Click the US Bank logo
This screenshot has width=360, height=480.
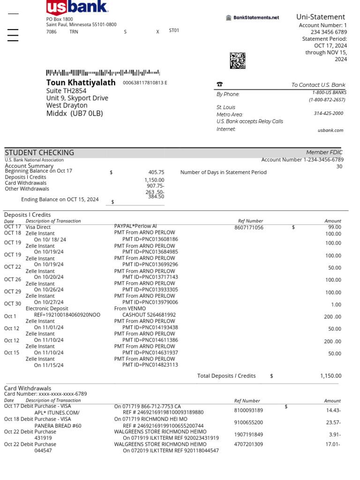tap(77, 7)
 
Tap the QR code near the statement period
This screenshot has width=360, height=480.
tap(238, 60)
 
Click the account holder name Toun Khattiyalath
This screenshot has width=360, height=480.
tap(81, 82)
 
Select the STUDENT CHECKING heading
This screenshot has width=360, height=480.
tap(39, 152)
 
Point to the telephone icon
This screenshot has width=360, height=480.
tap(219, 85)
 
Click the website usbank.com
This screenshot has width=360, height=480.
tap(330, 130)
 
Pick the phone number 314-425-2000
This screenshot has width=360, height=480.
tap(328, 113)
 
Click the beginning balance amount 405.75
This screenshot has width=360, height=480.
tap(156, 172)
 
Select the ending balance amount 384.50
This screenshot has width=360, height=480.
tap(156, 197)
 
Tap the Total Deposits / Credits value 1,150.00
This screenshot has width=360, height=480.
tap(331, 376)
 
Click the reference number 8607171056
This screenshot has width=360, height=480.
tap(249, 228)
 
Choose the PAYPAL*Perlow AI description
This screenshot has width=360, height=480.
tap(135, 226)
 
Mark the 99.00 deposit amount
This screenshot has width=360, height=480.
tap(334, 227)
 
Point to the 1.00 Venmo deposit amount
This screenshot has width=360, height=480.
tap(336, 305)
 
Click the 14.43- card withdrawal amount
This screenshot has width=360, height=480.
tap(333, 410)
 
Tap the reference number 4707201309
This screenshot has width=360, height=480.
tap(248, 444)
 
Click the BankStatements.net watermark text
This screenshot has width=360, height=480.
tap(256, 18)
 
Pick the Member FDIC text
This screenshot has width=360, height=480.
tap(324, 152)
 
